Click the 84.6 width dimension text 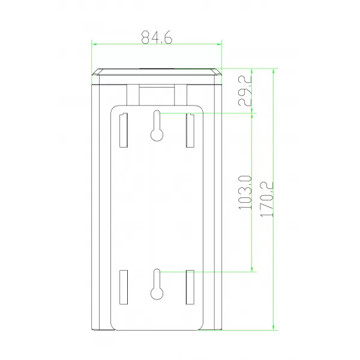157,37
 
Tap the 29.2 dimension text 245,91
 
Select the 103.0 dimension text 245,193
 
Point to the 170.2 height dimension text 266,199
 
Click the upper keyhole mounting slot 157,125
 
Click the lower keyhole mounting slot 157,284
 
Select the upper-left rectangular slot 124,130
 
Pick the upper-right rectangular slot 190,130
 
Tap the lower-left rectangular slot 124,287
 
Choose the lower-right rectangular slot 190,287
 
